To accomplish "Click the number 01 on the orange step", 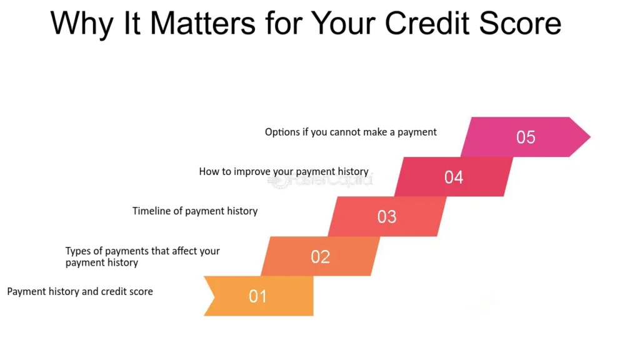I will [258, 296].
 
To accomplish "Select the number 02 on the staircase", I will [320, 256].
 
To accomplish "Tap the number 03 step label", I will [387, 217].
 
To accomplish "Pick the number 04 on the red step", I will [454, 177].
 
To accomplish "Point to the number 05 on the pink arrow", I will [526, 137].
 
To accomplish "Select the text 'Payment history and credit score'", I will [80, 291].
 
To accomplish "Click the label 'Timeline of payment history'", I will [195, 211].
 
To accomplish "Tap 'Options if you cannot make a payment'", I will [351, 132].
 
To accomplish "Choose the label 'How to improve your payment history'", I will [284, 171].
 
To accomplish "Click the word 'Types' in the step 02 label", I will [78, 251].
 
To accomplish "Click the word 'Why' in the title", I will [81, 24].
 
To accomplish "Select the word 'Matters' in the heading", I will [202, 24].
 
